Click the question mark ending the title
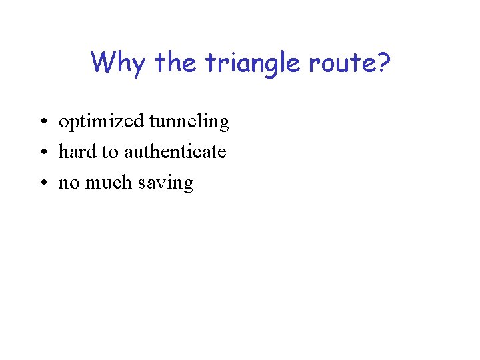coord(384,63)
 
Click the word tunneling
coord(189,122)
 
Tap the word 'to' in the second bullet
coord(110,153)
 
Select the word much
coord(105,183)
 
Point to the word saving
coord(165,184)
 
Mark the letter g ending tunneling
coord(223,125)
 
